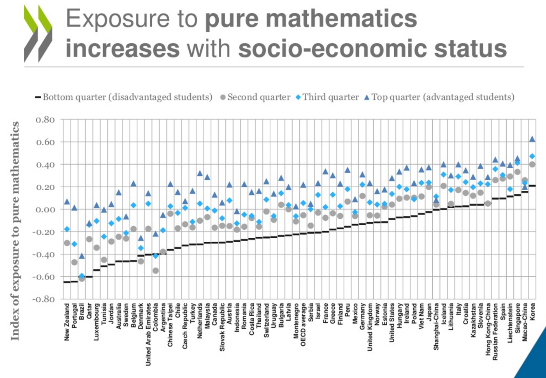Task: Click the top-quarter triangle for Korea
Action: pyautogui.click(x=532, y=139)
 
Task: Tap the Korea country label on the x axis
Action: pyautogui.click(x=532, y=311)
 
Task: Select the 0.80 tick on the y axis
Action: pyautogui.click(x=45, y=120)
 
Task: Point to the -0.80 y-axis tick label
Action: pyautogui.click(x=44, y=299)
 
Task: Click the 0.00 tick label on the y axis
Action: pyautogui.click(x=45, y=209)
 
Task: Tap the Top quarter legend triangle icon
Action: pyautogui.click(x=367, y=97)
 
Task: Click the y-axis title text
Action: pyautogui.click(x=15, y=230)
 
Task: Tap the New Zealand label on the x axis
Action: pyautogui.click(x=67, y=322)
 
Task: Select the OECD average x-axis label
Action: pyautogui.click(x=303, y=325)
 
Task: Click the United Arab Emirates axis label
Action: pyautogui.click(x=148, y=334)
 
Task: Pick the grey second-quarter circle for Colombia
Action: pyautogui.click(x=156, y=270)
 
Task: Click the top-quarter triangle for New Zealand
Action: pyautogui.click(x=67, y=202)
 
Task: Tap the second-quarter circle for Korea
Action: pyautogui.click(x=532, y=164)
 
